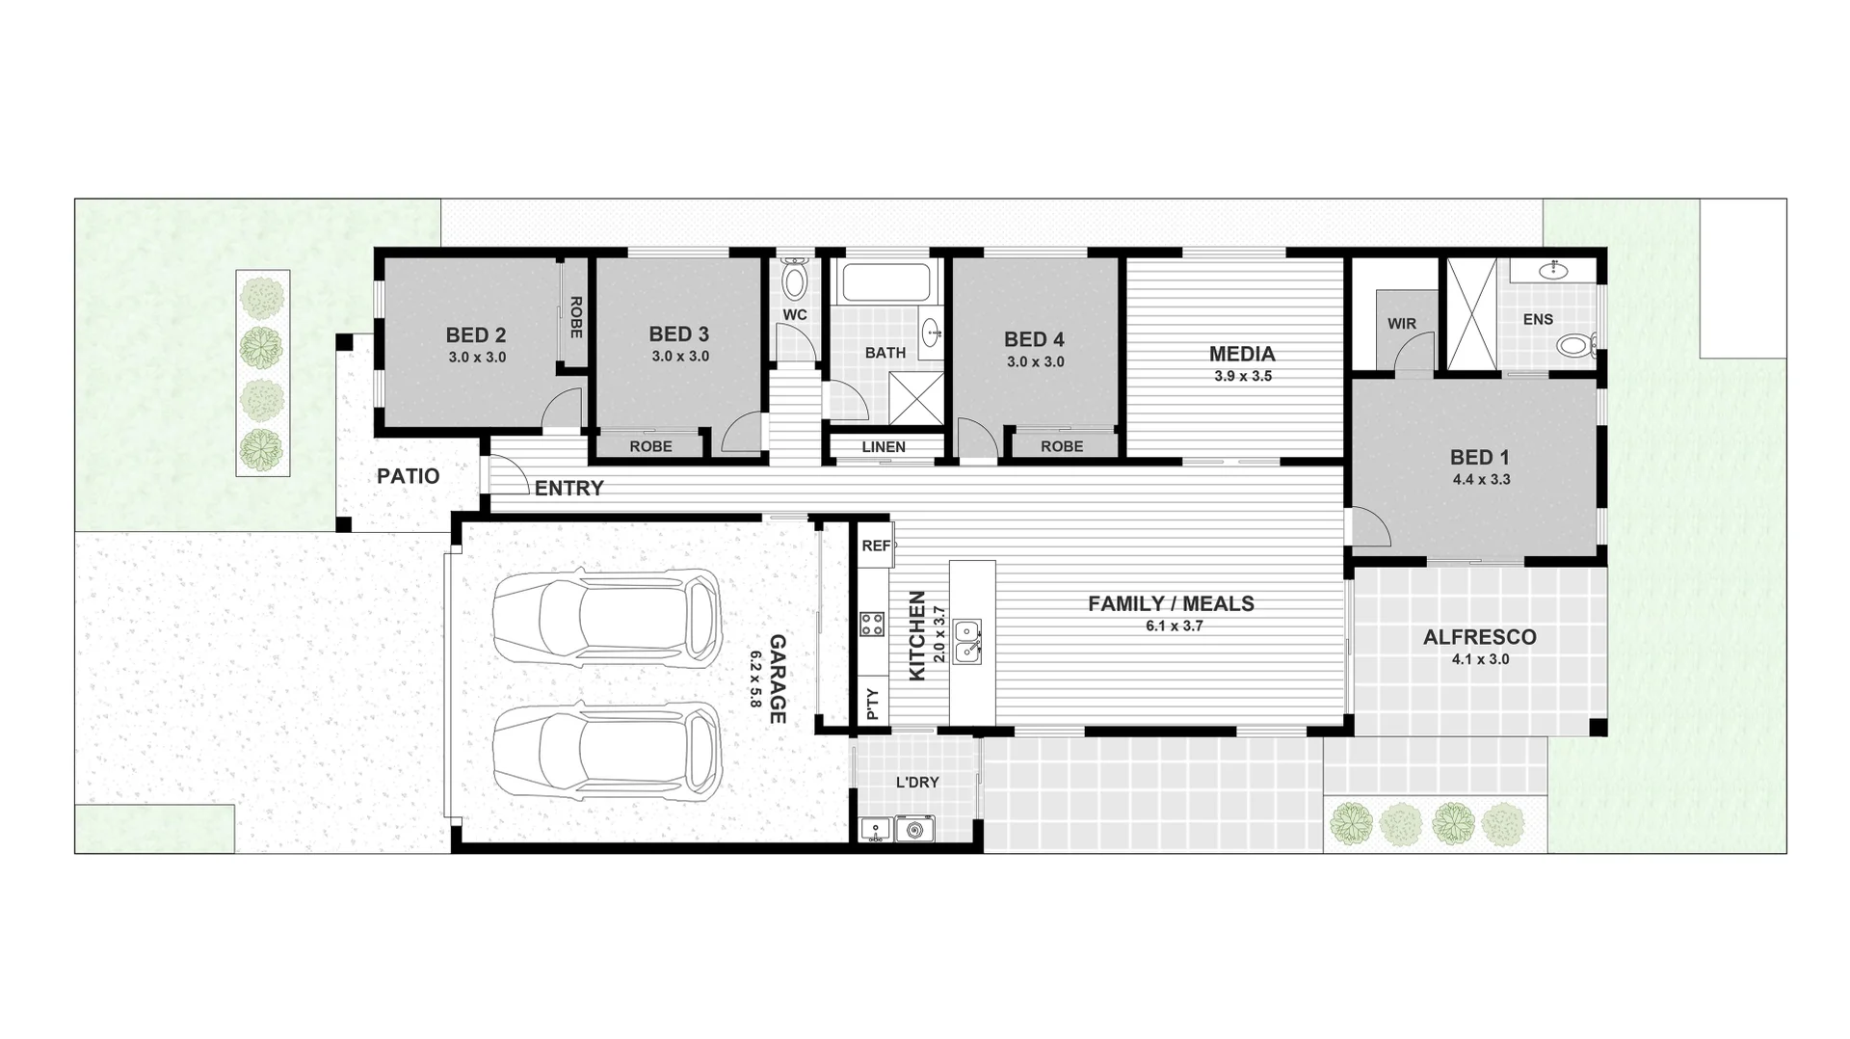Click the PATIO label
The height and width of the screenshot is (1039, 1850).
pyautogui.click(x=408, y=476)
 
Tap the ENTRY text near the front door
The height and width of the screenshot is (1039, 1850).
pyautogui.click(x=568, y=489)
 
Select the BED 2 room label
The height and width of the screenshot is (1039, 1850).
pyautogui.click(x=475, y=335)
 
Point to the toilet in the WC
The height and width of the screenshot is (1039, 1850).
pyautogui.click(x=794, y=280)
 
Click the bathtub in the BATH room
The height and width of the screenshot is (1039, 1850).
pyautogui.click(x=885, y=282)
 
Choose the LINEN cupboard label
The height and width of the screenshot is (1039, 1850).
pyautogui.click(x=883, y=447)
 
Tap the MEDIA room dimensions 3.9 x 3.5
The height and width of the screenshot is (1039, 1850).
pyautogui.click(x=1242, y=377)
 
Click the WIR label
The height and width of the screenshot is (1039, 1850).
pyautogui.click(x=1401, y=324)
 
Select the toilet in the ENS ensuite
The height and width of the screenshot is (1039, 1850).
pyautogui.click(x=1576, y=345)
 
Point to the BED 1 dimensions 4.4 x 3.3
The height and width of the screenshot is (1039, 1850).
pyautogui.click(x=1481, y=480)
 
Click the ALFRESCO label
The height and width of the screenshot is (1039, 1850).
pyautogui.click(x=1479, y=637)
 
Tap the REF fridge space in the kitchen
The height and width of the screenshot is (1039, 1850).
pyautogui.click(x=876, y=546)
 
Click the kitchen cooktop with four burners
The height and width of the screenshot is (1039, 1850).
pyautogui.click(x=872, y=624)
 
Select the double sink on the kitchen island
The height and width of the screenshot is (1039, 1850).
pyautogui.click(x=967, y=642)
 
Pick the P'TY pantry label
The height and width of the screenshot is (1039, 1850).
pyautogui.click(x=873, y=704)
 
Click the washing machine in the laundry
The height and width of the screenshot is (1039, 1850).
pyautogui.click(x=914, y=828)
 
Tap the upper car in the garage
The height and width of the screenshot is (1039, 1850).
pyautogui.click(x=607, y=617)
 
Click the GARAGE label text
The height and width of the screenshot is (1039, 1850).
pyautogui.click(x=778, y=679)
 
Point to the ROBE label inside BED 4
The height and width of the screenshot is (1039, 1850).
pyautogui.click(x=1061, y=447)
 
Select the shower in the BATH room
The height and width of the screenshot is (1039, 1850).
pyautogui.click(x=916, y=398)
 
